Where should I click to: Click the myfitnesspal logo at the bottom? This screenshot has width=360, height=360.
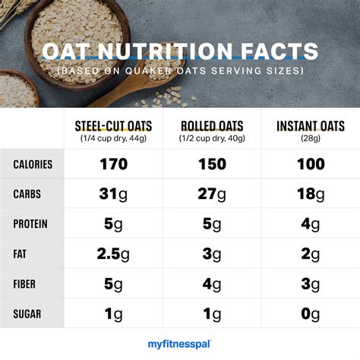pyautogui.click(x=179, y=344)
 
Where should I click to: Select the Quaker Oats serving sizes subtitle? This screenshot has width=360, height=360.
pyautogui.click(x=179, y=71)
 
